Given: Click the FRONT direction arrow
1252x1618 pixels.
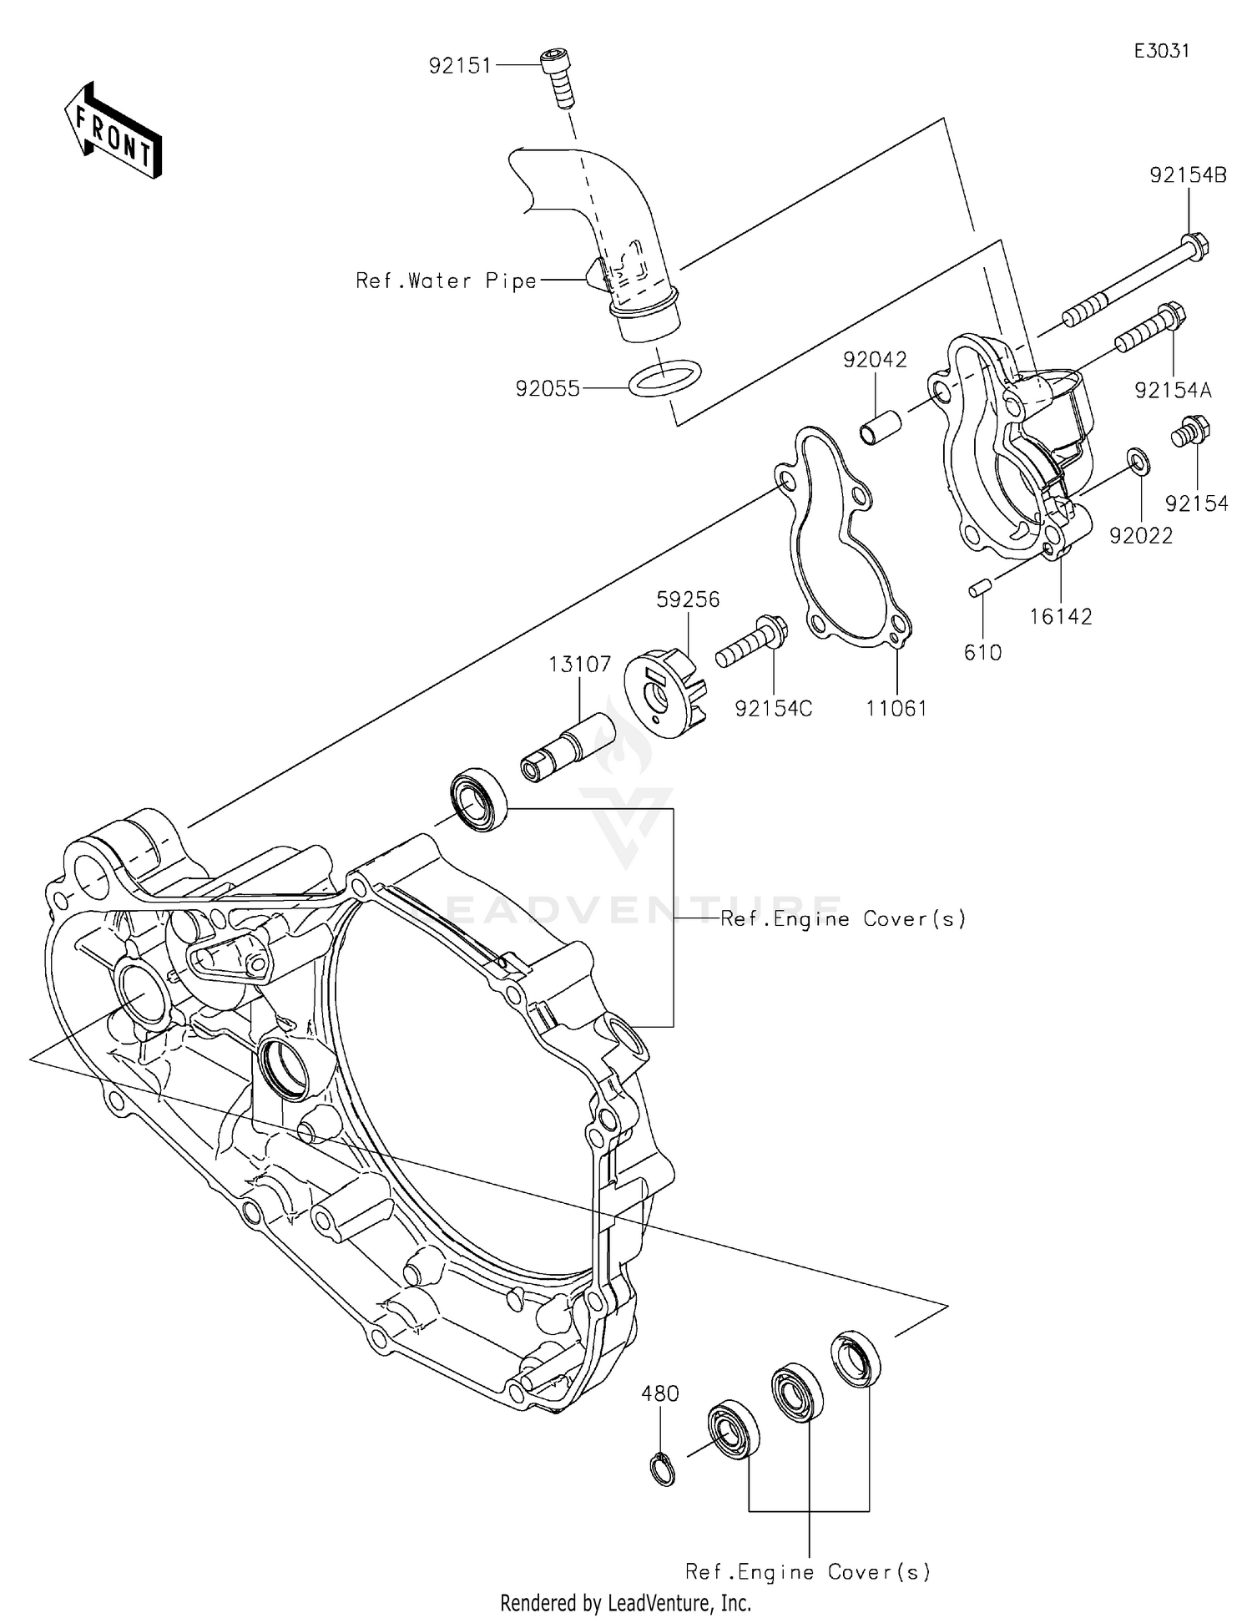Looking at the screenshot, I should [x=112, y=130].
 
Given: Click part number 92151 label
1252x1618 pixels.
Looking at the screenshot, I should [x=460, y=66].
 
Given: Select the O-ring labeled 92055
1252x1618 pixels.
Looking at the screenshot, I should [x=664, y=377].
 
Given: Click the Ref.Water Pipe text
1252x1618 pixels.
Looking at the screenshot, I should [x=446, y=281].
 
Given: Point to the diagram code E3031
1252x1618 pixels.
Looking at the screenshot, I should [x=1161, y=51].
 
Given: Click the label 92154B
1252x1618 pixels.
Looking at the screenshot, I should [x=1188, y=176].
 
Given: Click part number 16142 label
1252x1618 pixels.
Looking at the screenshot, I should [x=1060, y=616].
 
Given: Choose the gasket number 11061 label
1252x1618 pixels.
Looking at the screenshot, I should [x=896, y=708].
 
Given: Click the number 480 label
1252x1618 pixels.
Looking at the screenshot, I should [x=660, y=1393].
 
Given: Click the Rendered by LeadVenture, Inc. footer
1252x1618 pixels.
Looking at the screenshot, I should [x=625, y=1602].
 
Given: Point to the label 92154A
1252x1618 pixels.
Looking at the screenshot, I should [x=1173, y=390].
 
